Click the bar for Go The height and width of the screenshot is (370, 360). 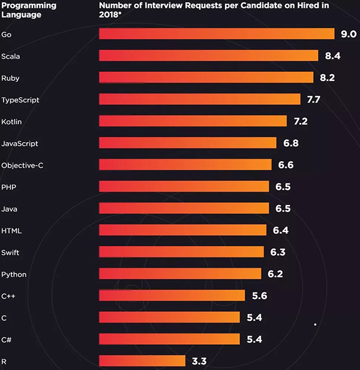[216, 34]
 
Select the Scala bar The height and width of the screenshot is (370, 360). [208, 56]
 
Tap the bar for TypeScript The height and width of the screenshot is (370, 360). [199, 99]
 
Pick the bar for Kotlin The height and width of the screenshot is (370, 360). [193, 121]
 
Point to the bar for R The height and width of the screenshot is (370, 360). [142, 360]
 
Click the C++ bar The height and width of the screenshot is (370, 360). [172, 295]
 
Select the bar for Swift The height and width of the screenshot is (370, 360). [181, 251]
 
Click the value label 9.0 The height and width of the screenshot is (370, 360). [349, 34]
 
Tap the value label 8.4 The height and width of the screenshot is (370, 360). [333, 56]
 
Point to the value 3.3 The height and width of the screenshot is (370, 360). [199, 361]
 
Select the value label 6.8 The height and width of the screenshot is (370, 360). [291, 143]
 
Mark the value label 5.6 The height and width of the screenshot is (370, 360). [259, 296]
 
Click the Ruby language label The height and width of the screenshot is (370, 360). [11, 78]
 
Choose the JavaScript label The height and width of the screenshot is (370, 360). [20, 143]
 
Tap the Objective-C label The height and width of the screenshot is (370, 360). [22, 165]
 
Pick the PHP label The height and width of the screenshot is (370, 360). [9, 187]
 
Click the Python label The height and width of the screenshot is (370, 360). [14, 274]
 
